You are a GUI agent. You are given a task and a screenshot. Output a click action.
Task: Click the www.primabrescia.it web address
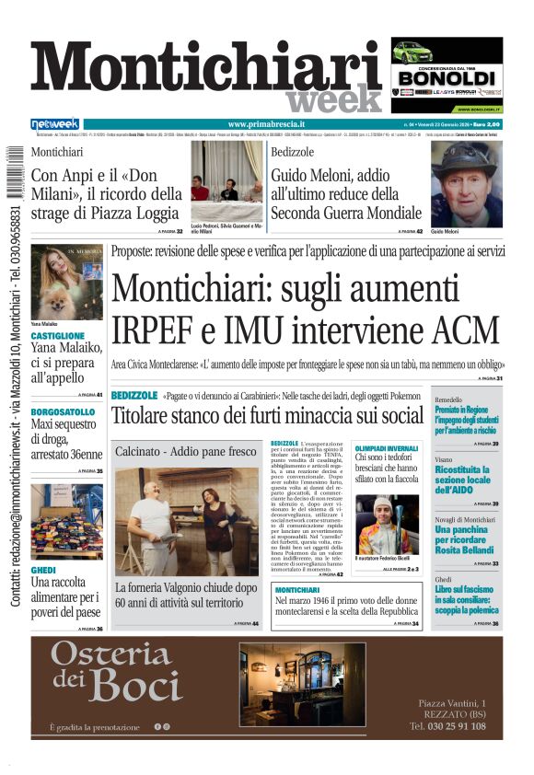pyautogui.click(x=266, y=124)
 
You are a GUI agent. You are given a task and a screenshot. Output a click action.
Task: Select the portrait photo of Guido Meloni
pyautogui.click(x=466, y=184)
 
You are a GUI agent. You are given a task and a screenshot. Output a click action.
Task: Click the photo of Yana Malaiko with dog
pyautogui.click(x=66, y=282)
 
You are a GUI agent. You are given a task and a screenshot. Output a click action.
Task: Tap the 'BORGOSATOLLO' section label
pyautogui.click(x=63, y=411)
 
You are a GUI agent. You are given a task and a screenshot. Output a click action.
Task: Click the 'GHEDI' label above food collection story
pyautogui.click(x=44, y=571)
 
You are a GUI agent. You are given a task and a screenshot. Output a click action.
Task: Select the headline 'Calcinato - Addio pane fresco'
pyautogui.click(x=186, y=451)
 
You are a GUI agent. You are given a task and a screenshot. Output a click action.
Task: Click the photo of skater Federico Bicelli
pyautogui.click(x=387, y=525)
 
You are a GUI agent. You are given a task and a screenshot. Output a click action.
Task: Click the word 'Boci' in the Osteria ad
pyautogui.click(x=135, y=685)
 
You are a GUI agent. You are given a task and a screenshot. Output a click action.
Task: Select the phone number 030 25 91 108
pyautogui.click(x=447, y=726)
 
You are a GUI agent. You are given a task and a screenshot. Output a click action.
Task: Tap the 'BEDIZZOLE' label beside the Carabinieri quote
pyautogui.click(x=133, y=396)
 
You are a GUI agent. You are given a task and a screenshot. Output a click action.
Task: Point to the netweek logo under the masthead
pyautogui.click(x=55, y=124)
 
